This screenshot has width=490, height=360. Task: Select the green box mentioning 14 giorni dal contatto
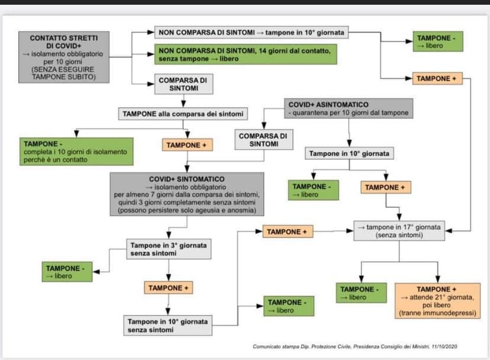[246, 54]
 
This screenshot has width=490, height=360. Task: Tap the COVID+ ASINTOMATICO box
[346, 108]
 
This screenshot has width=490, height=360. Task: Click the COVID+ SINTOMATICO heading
[186, 178]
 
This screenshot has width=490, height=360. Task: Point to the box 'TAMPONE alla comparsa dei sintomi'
[183, 113]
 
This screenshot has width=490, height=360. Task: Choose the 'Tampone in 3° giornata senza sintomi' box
[169, 249]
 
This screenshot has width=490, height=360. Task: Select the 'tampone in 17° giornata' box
[399, 231]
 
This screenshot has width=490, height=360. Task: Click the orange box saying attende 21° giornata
[438, 300]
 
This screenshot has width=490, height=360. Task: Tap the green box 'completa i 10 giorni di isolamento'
[75, 152]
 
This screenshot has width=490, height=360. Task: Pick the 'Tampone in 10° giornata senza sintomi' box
[167, 325]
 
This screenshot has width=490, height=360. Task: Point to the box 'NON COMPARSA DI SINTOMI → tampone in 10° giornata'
[252, 31]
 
